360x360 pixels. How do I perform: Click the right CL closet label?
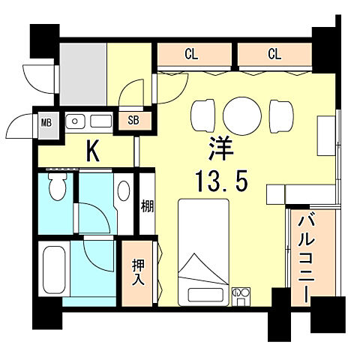[x=274, y=54]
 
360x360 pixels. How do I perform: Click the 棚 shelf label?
[x=147, y=205]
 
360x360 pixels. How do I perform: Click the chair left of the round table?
[x=204, y=114]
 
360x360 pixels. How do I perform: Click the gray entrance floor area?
[x=82, y=73]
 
